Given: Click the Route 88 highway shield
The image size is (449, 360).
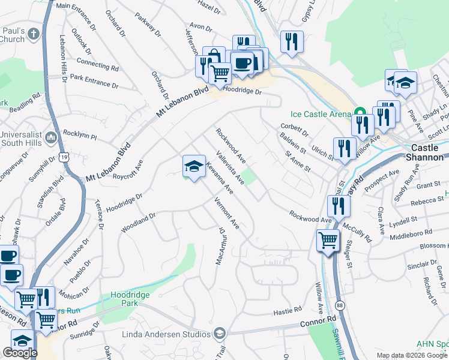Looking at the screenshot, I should point(340,290).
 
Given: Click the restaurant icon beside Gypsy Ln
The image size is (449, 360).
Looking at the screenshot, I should point(291,41).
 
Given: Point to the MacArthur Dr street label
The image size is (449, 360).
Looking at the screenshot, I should point(220,246).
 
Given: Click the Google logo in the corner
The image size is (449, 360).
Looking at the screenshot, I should point(20,353).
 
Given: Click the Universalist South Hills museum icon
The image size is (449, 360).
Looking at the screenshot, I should point(52,137).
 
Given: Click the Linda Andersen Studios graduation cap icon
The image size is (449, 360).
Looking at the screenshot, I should point(220,333).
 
